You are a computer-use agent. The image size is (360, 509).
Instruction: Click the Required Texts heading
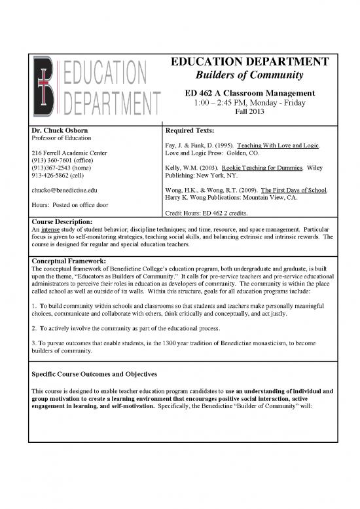point(195,130)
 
